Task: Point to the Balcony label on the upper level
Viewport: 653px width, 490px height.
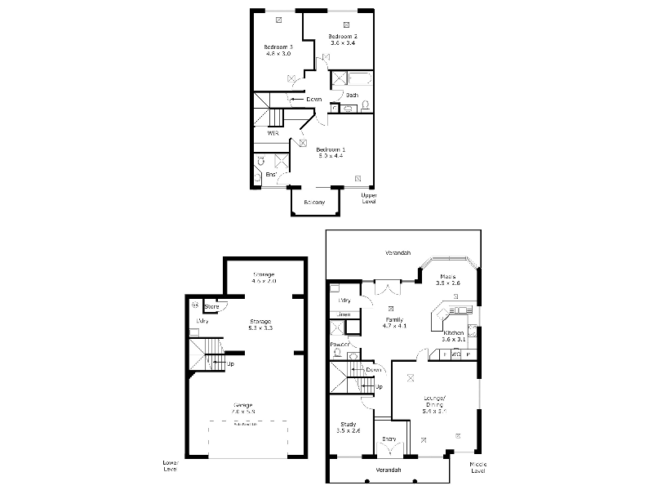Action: pos(314,202)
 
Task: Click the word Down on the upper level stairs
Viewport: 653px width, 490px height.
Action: pos(313,100)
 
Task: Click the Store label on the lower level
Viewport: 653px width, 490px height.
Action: pos(211,307)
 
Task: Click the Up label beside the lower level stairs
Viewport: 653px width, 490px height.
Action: pos(231,363)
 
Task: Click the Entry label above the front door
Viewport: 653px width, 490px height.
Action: pos(389,439)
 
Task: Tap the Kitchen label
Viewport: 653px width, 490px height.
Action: pos(453,332)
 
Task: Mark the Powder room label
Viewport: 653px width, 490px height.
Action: pos(340,344)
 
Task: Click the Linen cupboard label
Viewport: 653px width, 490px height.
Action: pos(344,314)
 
